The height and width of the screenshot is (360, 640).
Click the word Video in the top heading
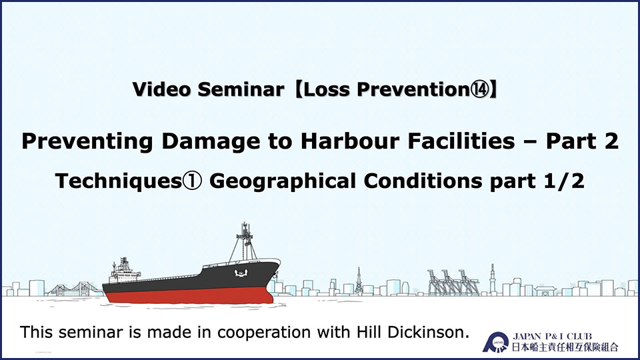(x=161, y=89)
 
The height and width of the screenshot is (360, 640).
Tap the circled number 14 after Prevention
(x=479, y=89)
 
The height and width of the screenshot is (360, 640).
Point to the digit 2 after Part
(x=611, y=141)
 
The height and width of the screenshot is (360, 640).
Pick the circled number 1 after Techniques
(x=192, y=181)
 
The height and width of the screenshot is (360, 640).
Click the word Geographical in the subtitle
(x=283, y=181)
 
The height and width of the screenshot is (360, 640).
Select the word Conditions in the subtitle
(x=423, y=181)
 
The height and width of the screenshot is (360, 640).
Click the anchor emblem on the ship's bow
(x=241, y=273)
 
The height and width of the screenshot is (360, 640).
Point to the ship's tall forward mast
(x=245, y=241)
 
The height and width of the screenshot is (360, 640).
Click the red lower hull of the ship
(x=188, y=295)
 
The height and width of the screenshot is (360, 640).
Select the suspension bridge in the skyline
(x=74, y=289)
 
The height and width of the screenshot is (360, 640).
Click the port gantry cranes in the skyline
(x=453, y=282)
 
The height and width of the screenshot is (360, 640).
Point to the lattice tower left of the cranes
(x=359, y=281)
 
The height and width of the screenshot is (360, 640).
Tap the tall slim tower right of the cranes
(x=492, y=279)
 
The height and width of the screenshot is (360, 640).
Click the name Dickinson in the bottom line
(x=428, y=332)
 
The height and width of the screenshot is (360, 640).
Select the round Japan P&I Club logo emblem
(x=496, y=342)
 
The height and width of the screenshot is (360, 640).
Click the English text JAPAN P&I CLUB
(x=552, y=337)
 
